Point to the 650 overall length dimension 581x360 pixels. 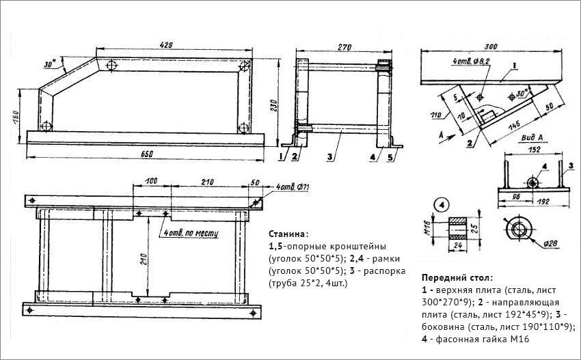(x=146, y=153)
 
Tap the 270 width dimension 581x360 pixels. (x=344, y=48)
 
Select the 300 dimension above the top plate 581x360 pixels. (x=489, y=46)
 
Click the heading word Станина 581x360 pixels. (x=284, y=234)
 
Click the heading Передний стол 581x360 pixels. (x=456, y=278)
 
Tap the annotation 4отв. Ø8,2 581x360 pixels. (x=472, y=61)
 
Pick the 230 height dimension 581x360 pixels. (x=272, y=103)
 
